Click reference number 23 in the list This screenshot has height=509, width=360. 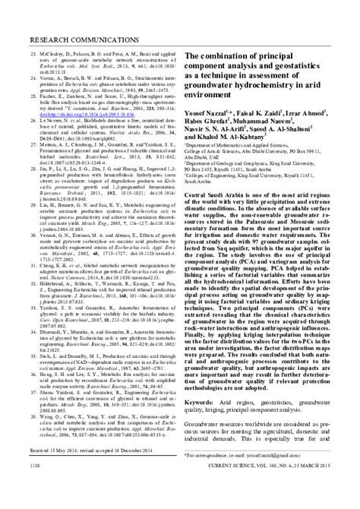click(x=33, y=35)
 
